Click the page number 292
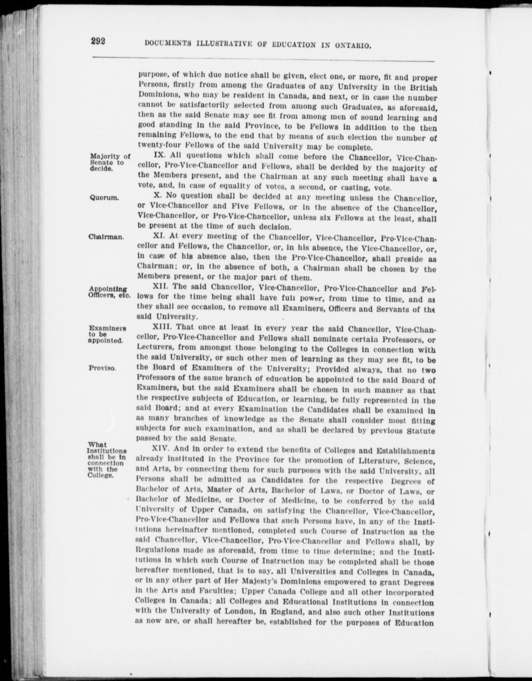(98, 41)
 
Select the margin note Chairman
(106, 237)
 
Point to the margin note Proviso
(102, 368)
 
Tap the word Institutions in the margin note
(107, 451)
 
